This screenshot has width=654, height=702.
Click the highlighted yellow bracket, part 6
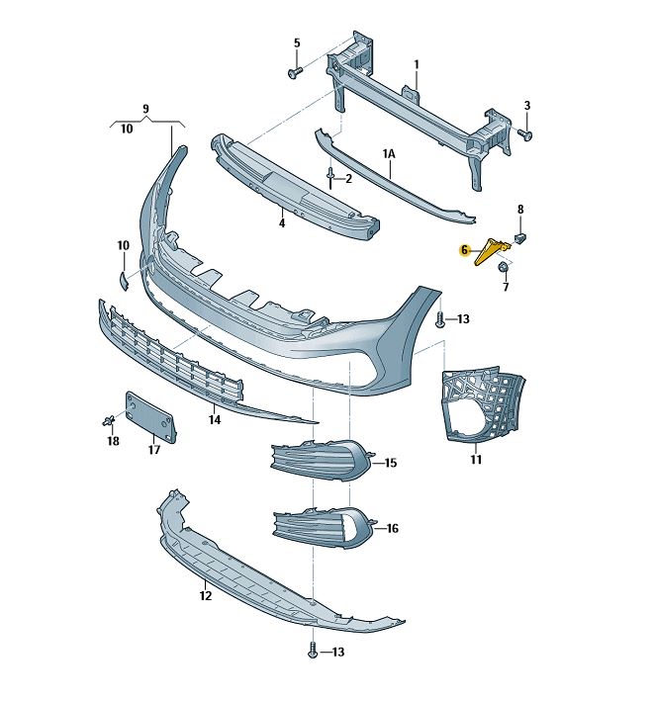[493, 251]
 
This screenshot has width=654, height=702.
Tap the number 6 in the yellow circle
[464, 251]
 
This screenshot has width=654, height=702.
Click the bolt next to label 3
[525, 132]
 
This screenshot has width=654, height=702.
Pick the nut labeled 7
[503, 267]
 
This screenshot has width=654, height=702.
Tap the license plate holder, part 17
[150, 415]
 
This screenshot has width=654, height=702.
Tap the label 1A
[390, 154]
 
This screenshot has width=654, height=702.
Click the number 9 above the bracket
[145, 108]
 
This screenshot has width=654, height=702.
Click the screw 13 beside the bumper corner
[441, 319]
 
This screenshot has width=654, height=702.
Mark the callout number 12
[205, 596]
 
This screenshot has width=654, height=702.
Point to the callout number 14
[214, 420]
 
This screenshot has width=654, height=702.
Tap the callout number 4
[281, 223]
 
